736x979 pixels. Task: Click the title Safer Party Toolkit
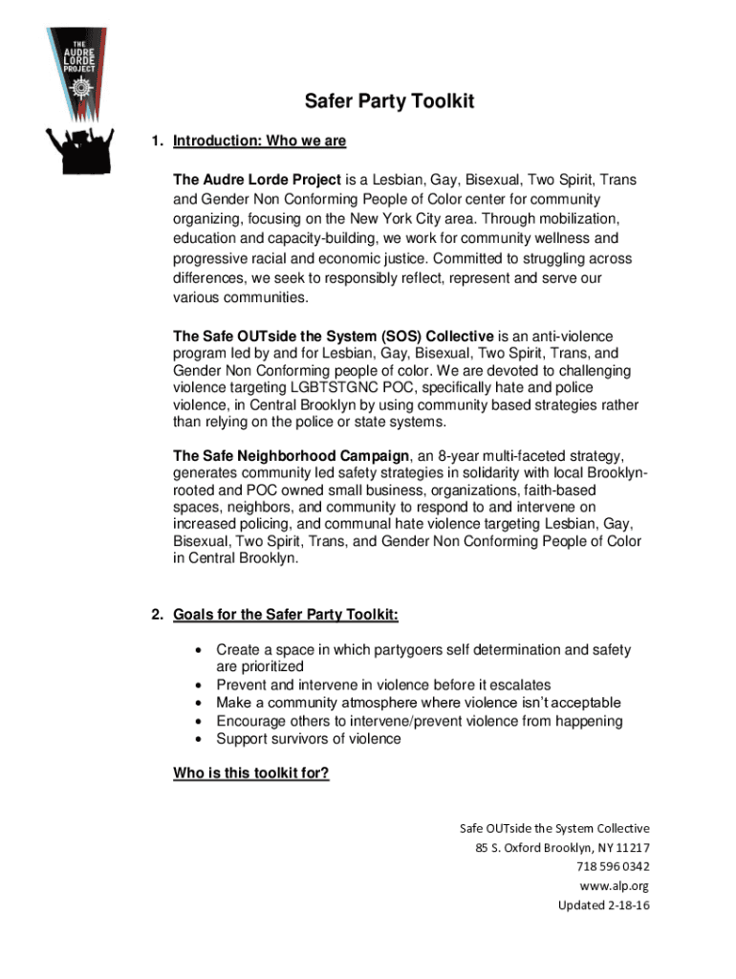click(x=389, y=101)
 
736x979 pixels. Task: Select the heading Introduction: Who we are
click(x=259, y=141)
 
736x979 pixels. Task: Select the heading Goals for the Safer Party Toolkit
click(x=286, y=614)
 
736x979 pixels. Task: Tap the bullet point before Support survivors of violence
click(x=198, y=739)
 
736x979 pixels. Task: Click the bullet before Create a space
click(x=198, y=650)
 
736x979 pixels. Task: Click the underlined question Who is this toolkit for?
click(x=251, y=773)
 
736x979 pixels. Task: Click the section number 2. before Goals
click(x=157, y=614)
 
